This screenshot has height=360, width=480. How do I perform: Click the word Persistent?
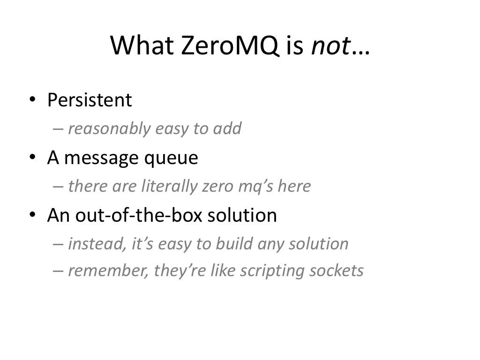point(90,100)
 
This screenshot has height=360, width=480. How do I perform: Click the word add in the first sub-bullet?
point(227,128)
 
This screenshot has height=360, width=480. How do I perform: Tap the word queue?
point(173,159)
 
